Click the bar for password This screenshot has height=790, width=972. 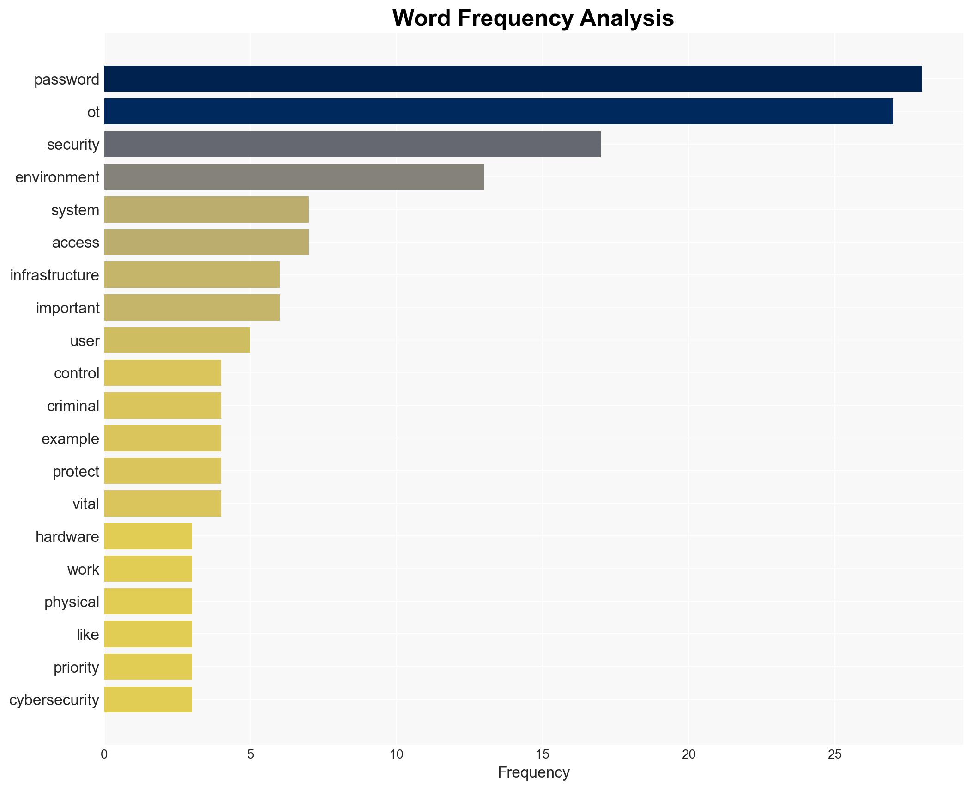pyautogui.click(x=513, y=79)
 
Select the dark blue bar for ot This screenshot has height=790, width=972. pyautogui.click(x=498, y=111)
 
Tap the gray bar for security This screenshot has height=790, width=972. pyautogui.click(x=352, y=144)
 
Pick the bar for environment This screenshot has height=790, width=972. pyautogui.click(x=294, y=177)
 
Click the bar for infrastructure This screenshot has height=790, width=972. pyautogui.click(x=192, y=275)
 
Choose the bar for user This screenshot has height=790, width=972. pyautogui.click(x=177, y=340)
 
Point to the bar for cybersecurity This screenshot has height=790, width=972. pyautogui.click(x=148, y=699)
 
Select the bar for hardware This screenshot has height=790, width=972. pyautogui.click(x=148, y=536)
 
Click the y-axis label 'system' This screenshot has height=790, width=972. pyautogui.click(x=75, y=210)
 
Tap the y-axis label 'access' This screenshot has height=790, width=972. pyautogui.click(x=75, y=243)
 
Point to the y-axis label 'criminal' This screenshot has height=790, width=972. pyautogui.click(x=73, y=406)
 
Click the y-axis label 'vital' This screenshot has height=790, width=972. pyautogui.click(x=85, y=504)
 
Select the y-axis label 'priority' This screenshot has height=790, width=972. pyautogui.click(x=76, y=668)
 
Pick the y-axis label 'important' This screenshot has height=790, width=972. pyautogui.click(x=67, y=308)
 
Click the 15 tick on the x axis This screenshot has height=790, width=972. pyautogui.click(x=542, y=754)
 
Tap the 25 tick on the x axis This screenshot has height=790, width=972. pyautogui.click(x=834, y=754)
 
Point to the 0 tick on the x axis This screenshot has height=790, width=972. pyautogui.click(x=104, y=754)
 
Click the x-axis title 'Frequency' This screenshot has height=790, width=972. pyautogui.click(x=533, y=772)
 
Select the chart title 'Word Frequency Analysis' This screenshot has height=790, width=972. pyautogui.click(x=533, y=18)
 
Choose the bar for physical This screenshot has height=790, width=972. pyautogui.click(x=148, y=602)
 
